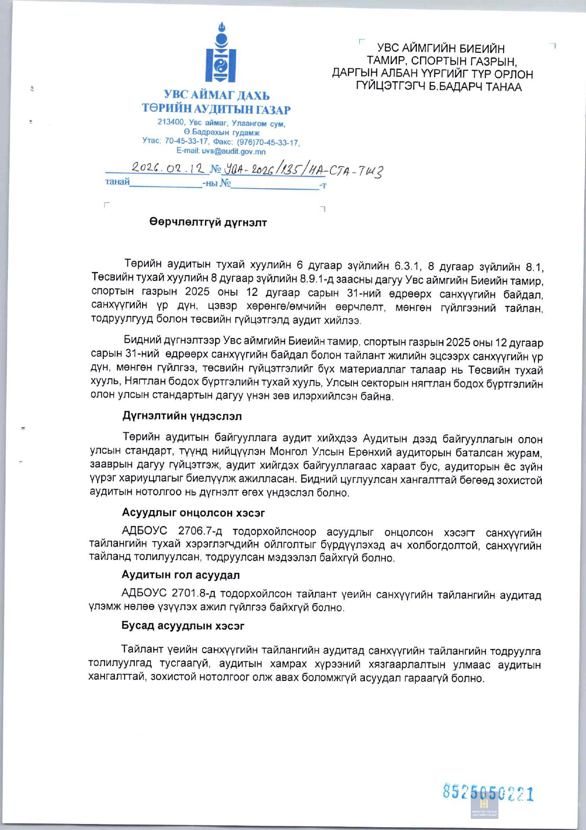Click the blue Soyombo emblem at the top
click(221, 53)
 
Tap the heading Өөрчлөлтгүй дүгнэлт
click(208, 222)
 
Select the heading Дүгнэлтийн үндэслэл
click(182, 416)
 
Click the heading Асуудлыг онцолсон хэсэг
click(193, 512)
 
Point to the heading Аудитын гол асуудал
click(180, 575)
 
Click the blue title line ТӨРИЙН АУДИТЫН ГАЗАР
click(216, 109)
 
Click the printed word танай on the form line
click(117, 182)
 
